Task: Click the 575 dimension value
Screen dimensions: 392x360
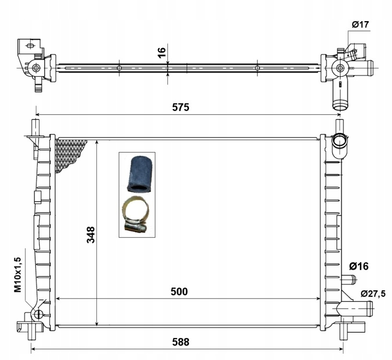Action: point(180,108)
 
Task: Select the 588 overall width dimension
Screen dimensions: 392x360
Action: point(180,342)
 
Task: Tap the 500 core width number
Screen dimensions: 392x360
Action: point(179,292)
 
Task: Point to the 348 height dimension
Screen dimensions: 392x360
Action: point(91,235)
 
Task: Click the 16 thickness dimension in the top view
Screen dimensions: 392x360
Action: point(162,52)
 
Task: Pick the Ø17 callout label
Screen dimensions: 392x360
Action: point(360,24)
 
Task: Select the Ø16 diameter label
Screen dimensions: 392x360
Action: point(359,266)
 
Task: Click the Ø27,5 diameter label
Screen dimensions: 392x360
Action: point(373,293)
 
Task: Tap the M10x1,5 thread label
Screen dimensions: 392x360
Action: point(18,275)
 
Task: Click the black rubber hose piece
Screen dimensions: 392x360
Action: point(139,174)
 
